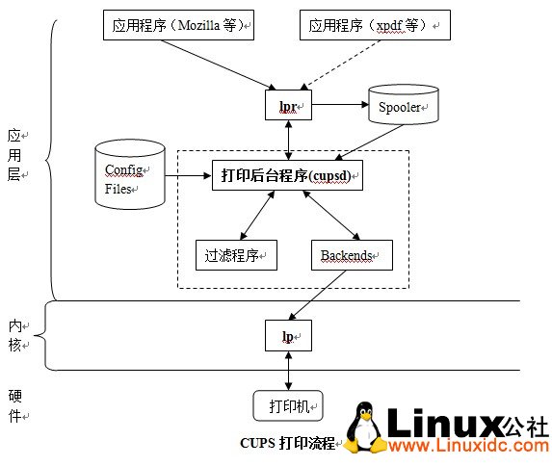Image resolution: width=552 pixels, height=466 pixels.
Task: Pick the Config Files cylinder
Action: (x=129, y=178)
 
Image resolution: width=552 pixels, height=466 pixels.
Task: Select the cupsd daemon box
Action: (x=287, y=175)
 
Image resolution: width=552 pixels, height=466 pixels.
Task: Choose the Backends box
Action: (x=346, y=255)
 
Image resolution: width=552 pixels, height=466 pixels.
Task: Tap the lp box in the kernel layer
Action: (x=288, y=335)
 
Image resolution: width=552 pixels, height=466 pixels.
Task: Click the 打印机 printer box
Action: (x=288, y=405)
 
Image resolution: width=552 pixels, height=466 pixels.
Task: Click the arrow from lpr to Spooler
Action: (x=339, y=102)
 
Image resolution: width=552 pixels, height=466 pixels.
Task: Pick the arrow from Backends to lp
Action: (x=319, y=295)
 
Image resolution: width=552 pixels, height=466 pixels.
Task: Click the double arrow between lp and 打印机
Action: (x=288, y=371)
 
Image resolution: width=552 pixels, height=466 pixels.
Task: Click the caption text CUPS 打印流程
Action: (x=286, y=444)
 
